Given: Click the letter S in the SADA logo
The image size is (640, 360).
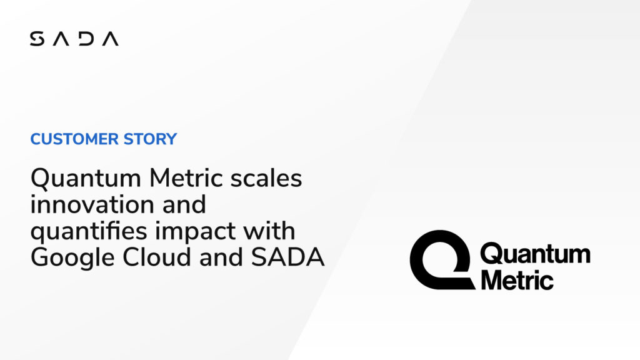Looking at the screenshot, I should click(36, 39).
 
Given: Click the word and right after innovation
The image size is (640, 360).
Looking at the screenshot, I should click(182, 205).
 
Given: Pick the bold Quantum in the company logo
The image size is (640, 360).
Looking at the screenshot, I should click(535, 254).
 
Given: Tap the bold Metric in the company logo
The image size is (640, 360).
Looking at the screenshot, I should click(516, 279).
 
